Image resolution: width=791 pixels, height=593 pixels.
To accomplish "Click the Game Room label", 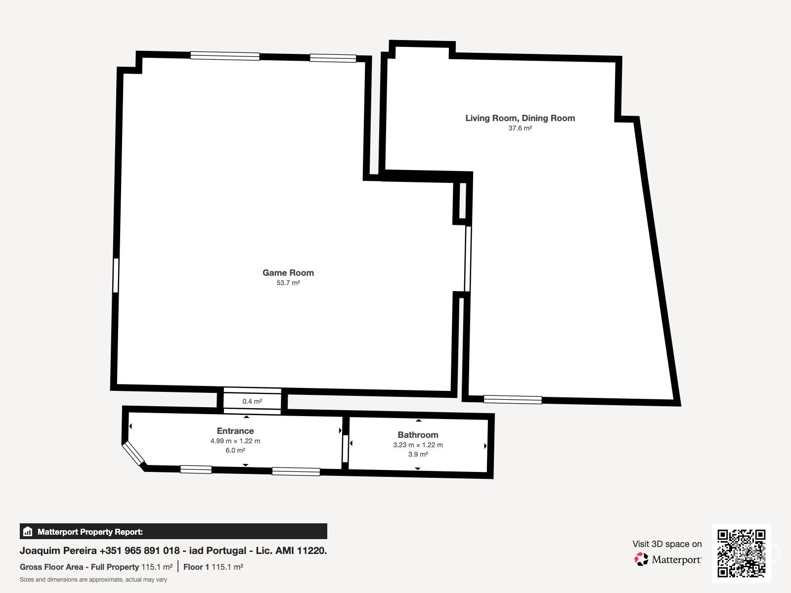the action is click(x=288, y=273).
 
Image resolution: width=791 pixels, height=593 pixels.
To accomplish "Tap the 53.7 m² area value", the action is click(x=288, y=283).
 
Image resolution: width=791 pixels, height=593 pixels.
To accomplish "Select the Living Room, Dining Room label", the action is click(x=520, y=118).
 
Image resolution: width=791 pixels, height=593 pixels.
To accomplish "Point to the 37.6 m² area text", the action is click(x=520, y=128).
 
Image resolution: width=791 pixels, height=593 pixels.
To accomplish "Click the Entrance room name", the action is click(x=235, y=431).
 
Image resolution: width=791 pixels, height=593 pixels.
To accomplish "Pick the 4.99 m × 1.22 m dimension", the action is click(x=235, y=441).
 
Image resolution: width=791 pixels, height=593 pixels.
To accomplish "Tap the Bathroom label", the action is click(x=418, y=435).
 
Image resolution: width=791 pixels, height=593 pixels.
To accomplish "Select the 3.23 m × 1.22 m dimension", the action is click(x=418, y=445).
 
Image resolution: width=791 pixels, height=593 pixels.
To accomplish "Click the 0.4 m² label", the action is click(x=252, y=401).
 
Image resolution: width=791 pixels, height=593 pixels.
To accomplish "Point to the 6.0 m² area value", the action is click(x=235, y=450).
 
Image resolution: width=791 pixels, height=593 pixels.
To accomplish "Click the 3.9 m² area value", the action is click(x=418, y=454).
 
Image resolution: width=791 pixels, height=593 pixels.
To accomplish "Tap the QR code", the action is click(x=741, y=553).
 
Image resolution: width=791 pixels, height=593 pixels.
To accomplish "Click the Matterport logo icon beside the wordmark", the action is click(x=641, y=559).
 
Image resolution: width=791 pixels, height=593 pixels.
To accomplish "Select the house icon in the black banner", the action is click(x=27, y=531).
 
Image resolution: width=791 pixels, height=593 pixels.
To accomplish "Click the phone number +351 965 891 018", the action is click(x=139, y=551).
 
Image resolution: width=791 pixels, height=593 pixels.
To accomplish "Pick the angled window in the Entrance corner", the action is click(x=133, y=454).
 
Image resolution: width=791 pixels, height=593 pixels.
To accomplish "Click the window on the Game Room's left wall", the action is click(x=116, y=275).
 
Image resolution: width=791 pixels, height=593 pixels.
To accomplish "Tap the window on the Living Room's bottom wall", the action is click(x=513, y=399).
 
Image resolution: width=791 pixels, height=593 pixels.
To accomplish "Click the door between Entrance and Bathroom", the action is click(x=345, y=449).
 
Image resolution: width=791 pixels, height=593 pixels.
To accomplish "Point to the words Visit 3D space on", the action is click(x=667, y=544).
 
